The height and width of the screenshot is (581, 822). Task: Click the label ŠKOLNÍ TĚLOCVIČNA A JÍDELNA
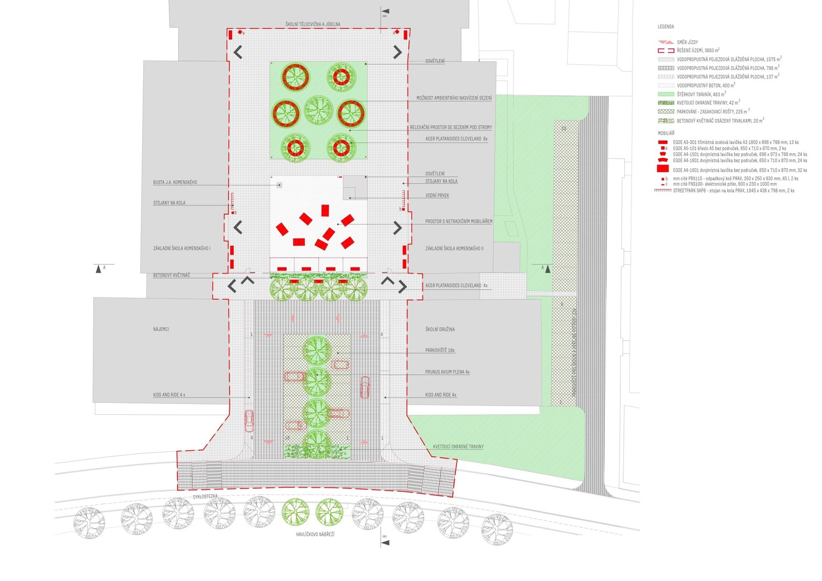click(313, 24)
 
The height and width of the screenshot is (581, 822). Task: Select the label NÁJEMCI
click(161, 329)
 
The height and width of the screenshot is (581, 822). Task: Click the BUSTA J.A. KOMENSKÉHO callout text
click(175, 182)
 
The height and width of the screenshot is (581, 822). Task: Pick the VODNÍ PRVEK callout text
click(437, 195)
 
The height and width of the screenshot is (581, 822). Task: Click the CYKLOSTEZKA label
click(206, 497)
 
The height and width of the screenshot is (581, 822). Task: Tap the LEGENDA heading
click(666, 26)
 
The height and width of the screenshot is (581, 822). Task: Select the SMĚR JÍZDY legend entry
click(687, 42)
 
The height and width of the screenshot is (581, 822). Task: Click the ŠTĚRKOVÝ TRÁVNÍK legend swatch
click(666, 94)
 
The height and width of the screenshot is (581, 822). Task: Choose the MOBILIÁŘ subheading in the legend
click(666, 133)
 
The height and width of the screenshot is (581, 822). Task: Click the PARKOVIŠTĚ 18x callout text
click(440, 350)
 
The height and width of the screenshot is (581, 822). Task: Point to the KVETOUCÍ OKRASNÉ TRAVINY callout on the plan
click(458, 447)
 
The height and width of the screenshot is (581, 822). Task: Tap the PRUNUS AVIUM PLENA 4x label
click(447, 372)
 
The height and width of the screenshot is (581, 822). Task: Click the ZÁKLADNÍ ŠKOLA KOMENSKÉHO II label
click(454, 249)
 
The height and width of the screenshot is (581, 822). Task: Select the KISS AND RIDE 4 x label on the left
click(169, 395)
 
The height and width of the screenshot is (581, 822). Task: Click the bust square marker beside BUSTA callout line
click(279, 185)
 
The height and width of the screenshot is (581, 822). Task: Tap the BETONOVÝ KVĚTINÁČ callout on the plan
click(171, 275)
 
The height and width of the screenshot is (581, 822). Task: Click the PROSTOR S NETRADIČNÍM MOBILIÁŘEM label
click(459, 221)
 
